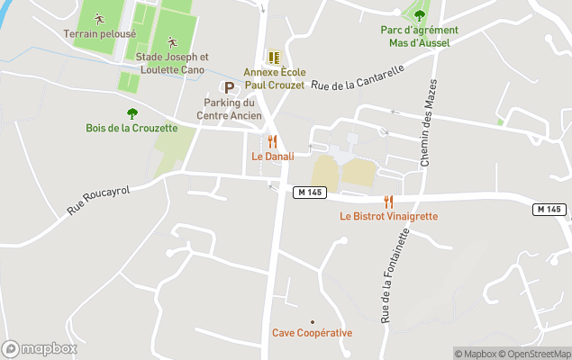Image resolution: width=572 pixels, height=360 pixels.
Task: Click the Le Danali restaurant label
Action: (270, 156)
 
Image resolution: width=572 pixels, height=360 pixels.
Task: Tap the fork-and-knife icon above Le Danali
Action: (271, 141)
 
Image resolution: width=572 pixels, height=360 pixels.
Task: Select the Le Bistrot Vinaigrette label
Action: (388, 216)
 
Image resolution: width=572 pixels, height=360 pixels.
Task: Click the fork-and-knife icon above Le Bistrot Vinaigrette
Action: (388, 202)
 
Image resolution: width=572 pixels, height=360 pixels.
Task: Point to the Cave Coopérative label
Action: (312, 333)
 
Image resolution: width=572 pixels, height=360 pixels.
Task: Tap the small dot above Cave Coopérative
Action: (313, 321)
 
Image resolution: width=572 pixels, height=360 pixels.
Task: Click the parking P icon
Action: (229, 87)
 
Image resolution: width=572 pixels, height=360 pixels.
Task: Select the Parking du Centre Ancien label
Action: (229, 109)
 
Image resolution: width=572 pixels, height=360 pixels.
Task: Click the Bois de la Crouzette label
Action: (132, 128)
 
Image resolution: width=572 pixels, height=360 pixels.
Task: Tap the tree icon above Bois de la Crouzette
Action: (132, 113)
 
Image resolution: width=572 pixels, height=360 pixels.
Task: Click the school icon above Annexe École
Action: (274, 56)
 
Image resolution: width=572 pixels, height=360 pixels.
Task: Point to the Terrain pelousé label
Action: (100, 34)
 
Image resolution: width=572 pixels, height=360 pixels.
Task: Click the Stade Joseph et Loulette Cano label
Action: (171, 62)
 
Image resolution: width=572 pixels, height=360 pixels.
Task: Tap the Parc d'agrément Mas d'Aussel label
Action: (419, 35)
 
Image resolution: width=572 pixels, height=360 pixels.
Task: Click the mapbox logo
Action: (40, 349)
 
